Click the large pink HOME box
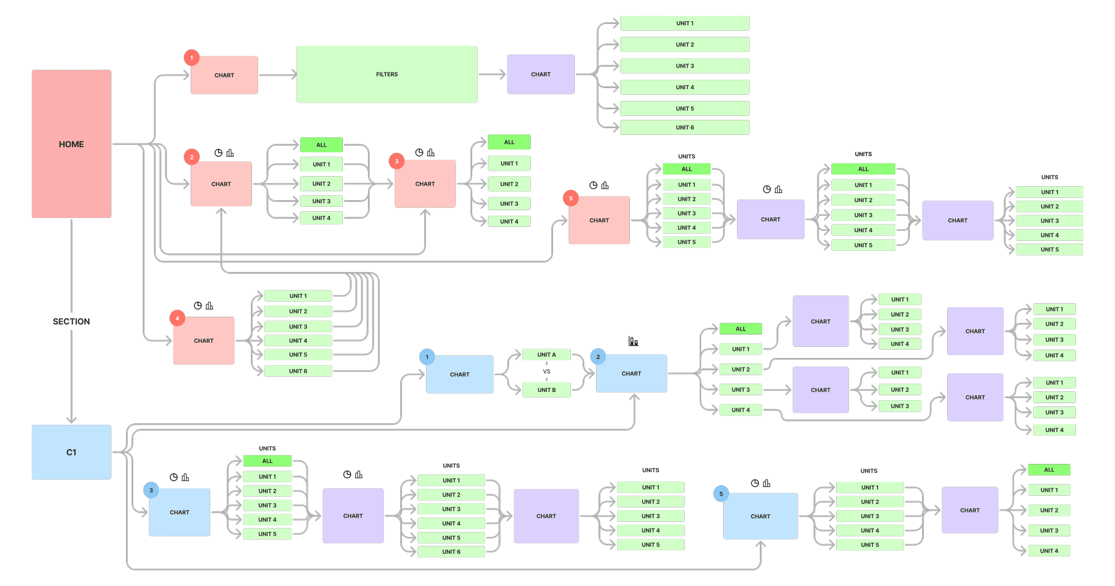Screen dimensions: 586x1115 click(x=71, y=144)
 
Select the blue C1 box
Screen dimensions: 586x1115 click(x=71, y=452)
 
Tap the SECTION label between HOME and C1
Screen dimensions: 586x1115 click(x=71, y=322)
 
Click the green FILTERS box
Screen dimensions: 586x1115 click(x=387, y=74)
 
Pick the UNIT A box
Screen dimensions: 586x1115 click(x=546, y=355)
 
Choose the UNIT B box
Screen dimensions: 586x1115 click(x=546, y=390)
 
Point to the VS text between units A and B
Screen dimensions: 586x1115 click(x=546, y=371)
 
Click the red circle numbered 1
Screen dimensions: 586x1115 click(x=192, y=57)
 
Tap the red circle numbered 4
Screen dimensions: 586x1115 click(x=177, y=318)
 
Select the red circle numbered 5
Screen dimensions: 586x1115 click(x=571, y=198)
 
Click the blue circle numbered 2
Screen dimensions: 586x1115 click(x=598, y=357)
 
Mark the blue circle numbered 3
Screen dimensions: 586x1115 click(x=151, y=491)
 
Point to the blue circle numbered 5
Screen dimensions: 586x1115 click(x=721, y=494)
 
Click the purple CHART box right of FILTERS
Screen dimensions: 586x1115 click(x=541, y=74)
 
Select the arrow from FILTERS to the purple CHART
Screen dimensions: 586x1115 click(x=492, y=74)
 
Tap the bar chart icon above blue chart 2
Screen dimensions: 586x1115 click(x=633, y=341)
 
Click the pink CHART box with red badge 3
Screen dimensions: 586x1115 click(x=425, y=184)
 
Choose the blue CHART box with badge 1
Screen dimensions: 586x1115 click(x=459, y=375)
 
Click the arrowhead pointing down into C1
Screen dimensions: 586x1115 click(x=71, y=419)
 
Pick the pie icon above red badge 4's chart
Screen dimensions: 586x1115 click(x=198, y=306)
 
